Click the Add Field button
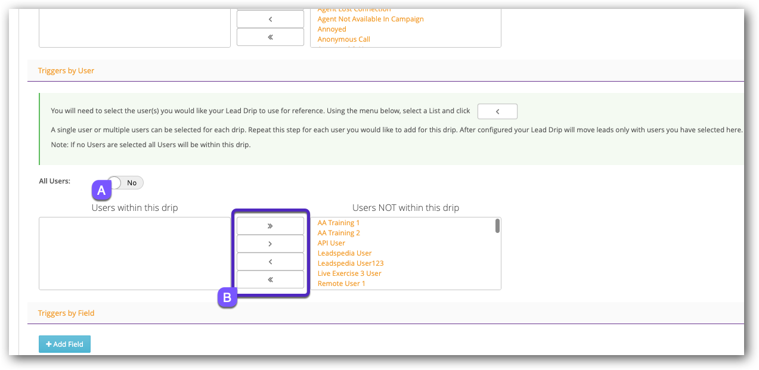click(x=64, y=344)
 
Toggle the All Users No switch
click(x=126, y=183)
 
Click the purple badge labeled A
click(x=101, y=190)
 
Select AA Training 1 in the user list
click(x=339, y=223)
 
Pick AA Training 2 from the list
click(x=339, y=233)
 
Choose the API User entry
click(x=332, y=243)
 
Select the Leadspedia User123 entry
click(x=351, y=263)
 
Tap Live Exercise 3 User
click(x=349, y=273)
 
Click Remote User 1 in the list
click(x=342, y=284)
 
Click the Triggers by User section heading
click(x=66, y=70)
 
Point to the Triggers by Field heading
click(x=66, y=313)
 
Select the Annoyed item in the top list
click(x=332, y=29)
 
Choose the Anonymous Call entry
click(x=344, y=39)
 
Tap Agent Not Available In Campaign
click(x=371, y=19)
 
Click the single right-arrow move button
click(x=270, y=244)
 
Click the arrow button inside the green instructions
click(x=497, y=111)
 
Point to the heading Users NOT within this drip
click(x=405, y=208)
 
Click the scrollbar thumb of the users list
click(x=497, y=226)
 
